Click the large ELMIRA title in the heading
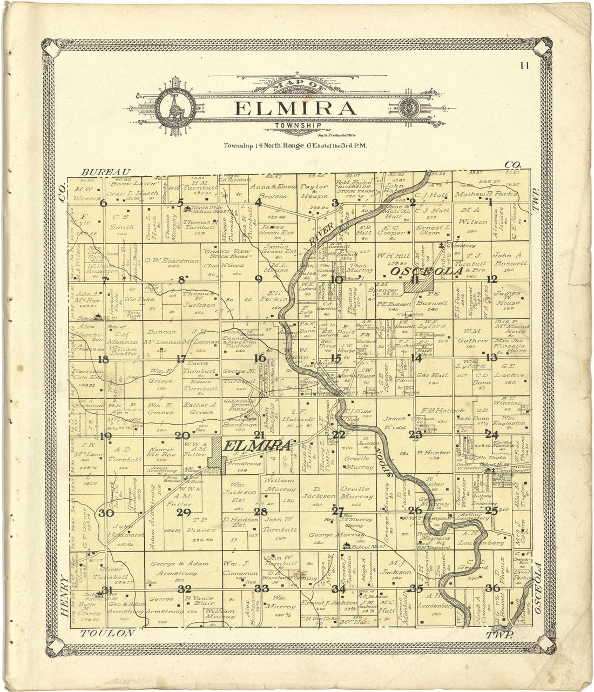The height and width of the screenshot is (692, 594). coord(295,108)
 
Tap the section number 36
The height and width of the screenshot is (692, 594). coord(492,588)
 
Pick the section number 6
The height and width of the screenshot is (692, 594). coord(103,203)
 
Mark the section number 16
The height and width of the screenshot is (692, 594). coord(260,358)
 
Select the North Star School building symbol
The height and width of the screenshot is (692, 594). coord(187,209)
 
